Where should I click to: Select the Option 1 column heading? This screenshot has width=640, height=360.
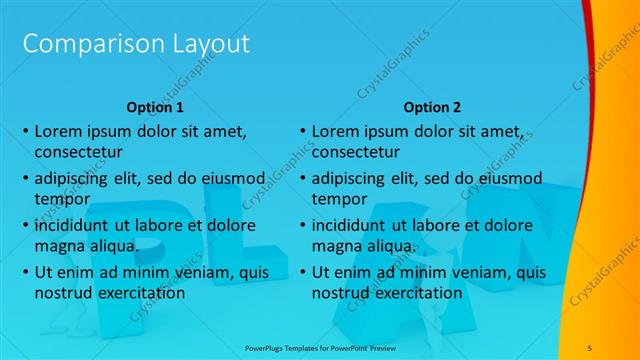click(x=155, y=106)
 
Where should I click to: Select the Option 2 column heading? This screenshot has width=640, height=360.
click(x=433, y=106)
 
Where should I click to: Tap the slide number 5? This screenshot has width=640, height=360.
click(x=590, y=347)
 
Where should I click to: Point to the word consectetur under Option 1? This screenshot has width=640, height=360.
click(x=79, y=152)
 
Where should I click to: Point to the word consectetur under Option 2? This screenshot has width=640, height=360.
click(x=356, y=152)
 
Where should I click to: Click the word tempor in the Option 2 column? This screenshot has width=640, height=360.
click(x=338, y=199)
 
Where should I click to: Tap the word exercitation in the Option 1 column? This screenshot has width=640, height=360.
click(x=139, y=293)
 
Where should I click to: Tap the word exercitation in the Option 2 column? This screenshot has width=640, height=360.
click(x=416, y=293)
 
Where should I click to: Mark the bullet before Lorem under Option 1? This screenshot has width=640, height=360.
click(x=25, y=132)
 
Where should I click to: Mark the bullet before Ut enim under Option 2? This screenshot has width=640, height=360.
click(x=302, y=273)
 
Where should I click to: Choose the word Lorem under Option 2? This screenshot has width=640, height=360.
click(x=334, y=131)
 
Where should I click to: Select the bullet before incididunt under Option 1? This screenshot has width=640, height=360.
click(x=25, y=226)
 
